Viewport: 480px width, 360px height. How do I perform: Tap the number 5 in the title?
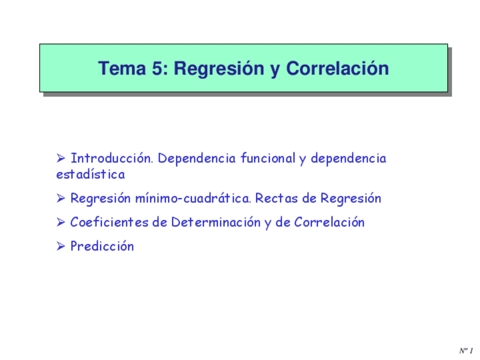click(x=158, y=68)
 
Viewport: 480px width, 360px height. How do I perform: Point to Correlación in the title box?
click(x=337, y=68)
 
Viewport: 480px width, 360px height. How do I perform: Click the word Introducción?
click(x=112, y=158)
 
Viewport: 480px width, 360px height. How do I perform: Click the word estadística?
click(x=91, y=174)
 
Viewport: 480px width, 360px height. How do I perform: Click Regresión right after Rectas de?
click(x=350, y=199)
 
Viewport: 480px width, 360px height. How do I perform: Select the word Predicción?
click(x=102, y=246)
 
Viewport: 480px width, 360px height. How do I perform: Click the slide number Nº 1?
click(x=465, y=351)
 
